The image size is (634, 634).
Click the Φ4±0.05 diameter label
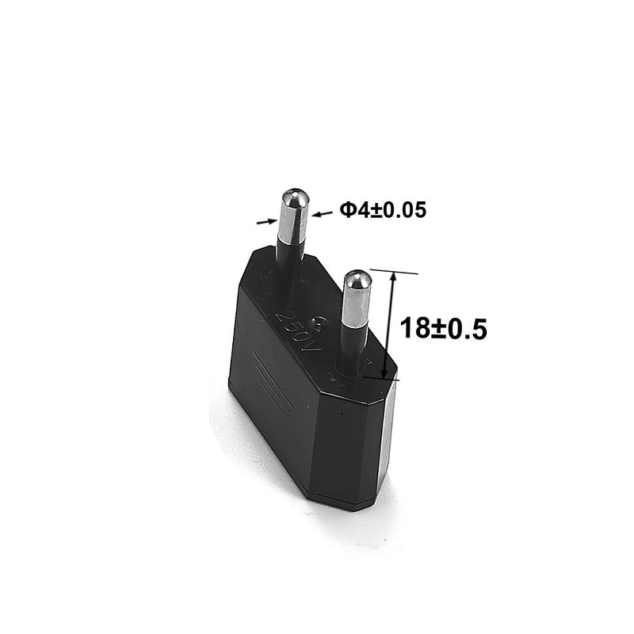coord(383,210)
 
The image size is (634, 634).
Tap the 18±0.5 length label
coord(442,327)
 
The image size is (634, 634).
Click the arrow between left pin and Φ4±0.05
coord(319,212)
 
